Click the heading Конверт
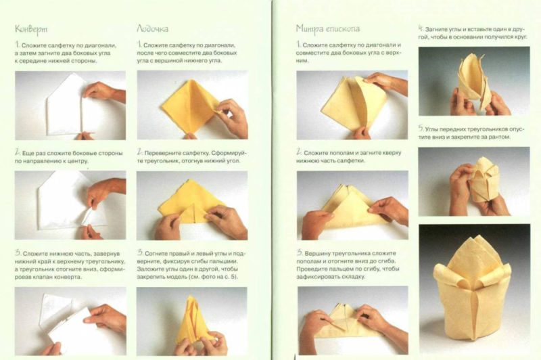(31, 29)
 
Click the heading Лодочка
(153, 28)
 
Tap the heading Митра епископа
(328, 29)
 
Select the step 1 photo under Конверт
(70, 106)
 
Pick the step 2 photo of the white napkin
(70, 205)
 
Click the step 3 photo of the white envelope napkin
(70, 321)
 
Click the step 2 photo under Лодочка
(192, 205)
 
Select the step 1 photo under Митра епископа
(352, 105)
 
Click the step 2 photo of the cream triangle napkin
(352, 205)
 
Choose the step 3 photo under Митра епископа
(352, 320)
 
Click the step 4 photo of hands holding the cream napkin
(474, 81)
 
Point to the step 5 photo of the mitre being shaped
(474, 181)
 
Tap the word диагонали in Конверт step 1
(100, 45)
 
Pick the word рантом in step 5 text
(500, 137)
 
